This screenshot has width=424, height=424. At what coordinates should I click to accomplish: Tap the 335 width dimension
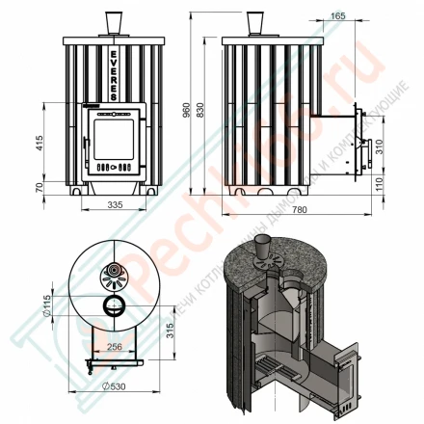coord(115,204)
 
